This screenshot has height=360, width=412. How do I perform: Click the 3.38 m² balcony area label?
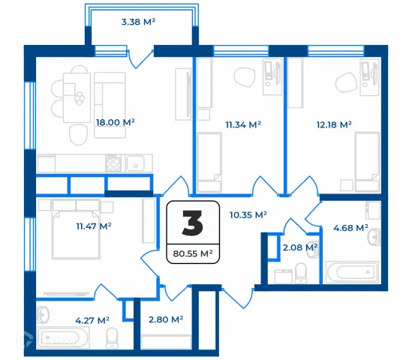pyautogui.click(x=138, y=22)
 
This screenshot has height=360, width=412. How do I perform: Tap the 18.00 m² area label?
pyautogui.click(x=115, y=122)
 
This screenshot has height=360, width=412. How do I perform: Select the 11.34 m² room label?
pyautogui.click(x=243, y=124)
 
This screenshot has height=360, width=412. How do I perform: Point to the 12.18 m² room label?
pyautogui.click(x=334, y=124)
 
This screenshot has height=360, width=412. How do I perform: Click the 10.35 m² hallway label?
pyautogui.click(x=248, y=215)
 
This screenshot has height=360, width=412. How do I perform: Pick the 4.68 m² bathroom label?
pyautogui.click(x=350, y=228)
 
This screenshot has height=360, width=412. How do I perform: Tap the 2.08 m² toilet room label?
pyautogui.click(x=300, y=247)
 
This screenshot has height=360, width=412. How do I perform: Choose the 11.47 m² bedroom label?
pyautogui.click(x=94, y=226)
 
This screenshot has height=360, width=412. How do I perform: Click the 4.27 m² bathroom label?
pyautogui.click(x=92, y=320)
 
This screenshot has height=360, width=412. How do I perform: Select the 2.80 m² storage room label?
pyautogui.click(x=166, y=319)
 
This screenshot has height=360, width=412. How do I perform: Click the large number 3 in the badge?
pyautogui.click(x=193, y=223)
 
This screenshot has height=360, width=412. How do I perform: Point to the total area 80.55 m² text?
pyautogui.click(x=193, y=253)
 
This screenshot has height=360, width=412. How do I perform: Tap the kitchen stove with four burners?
pyautogui.click(x=113, y=163)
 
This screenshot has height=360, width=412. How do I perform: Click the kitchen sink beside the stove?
pyautogui.click(x=135, y=163)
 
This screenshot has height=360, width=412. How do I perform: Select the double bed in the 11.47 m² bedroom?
pyautogui.click(x=76, y=229)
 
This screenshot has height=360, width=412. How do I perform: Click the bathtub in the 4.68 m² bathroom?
pyautogui.click(x=352, y=272)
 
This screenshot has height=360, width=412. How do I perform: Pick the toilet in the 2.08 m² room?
pyautogui.click(x=301, y=273)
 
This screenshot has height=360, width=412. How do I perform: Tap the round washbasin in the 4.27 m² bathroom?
pyautogui.click(x=43, y=315)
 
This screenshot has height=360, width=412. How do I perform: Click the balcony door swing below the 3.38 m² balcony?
pyautogui.click(x=140, y=59)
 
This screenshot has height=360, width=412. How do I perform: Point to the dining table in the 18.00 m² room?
pyautogui.click(x=77, y=97)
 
